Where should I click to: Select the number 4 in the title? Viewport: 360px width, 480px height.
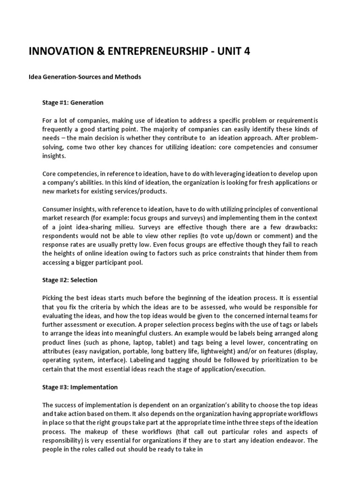[x=246, y=52]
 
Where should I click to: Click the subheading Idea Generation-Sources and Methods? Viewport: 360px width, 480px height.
[x=85, y=77]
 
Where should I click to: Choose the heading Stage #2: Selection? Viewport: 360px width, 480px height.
[x=70, y=280]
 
